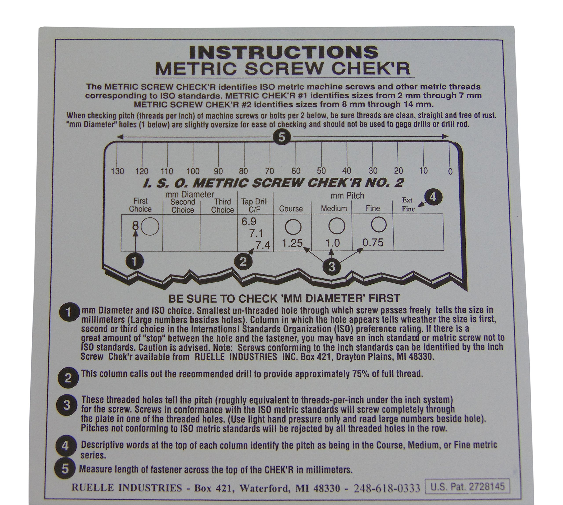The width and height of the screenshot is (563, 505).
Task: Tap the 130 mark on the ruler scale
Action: [x=117, y=171]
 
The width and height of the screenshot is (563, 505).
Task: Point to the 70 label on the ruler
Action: [x=269, y=171]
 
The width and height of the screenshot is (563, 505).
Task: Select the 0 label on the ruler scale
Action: [x=450, y=171]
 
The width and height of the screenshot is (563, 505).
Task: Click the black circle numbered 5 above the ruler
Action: [x=281, y=137]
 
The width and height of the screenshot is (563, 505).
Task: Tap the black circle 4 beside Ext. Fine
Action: [x=433, y=197]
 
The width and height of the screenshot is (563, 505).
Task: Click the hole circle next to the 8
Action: [x=150, y=226]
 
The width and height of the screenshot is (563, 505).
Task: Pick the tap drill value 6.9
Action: [x=249, y=221]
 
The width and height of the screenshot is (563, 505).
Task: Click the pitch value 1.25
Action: [x=292, y=243]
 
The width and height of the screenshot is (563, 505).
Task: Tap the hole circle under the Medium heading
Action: [x=337, y=226]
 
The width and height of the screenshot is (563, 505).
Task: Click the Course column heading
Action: [x=291, y=208]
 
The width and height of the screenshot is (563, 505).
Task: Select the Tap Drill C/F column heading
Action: [x=255, y=206]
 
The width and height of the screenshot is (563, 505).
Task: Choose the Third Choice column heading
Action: [x=222, y=206]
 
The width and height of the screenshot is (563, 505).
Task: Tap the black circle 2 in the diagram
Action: [x=243, y=261]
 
